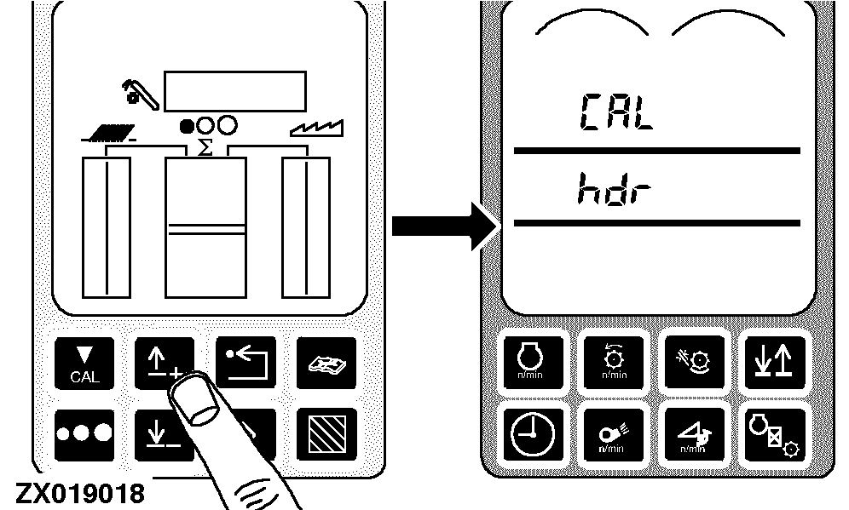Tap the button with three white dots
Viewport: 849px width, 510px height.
pos(84,433)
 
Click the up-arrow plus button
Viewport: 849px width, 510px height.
pos(164,362)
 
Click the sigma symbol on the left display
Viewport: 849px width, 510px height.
pos(205,148)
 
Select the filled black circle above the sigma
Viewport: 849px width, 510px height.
pos(188,126)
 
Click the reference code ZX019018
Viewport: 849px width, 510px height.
pos(78,493)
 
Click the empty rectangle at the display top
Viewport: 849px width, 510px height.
pos(236,89)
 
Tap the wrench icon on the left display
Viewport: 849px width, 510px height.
pos(139,92)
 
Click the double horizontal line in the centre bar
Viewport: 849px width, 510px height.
pos(205,227)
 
